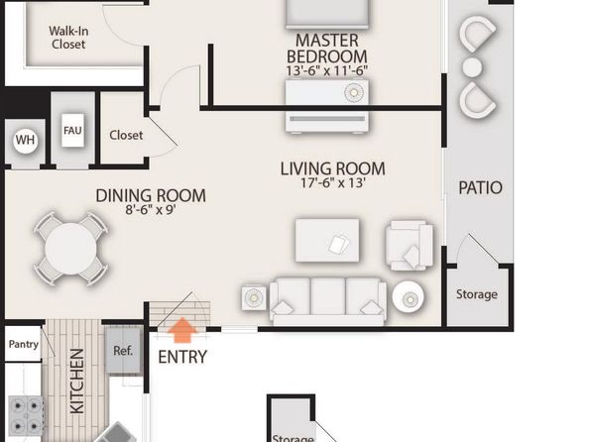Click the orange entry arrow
182,330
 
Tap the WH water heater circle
25,140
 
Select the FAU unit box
72,131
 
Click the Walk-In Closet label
68,38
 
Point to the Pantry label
24,344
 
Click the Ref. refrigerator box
123,351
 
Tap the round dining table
70,249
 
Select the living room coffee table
327,240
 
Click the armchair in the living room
409,246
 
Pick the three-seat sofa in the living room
328,301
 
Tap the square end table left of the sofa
254,297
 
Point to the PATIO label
480,187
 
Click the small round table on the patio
472,67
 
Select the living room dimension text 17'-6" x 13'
333,182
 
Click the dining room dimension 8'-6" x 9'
151,209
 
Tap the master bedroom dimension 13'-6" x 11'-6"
327,70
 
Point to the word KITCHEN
77,381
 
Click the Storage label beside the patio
477,294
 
